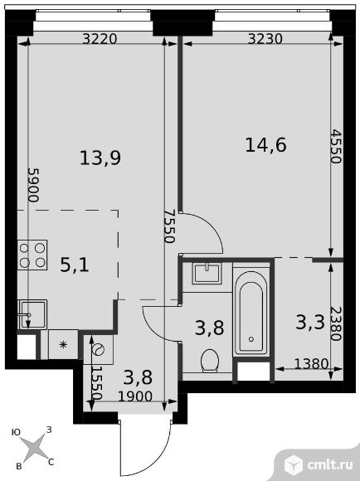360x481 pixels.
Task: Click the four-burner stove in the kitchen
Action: [32, 255]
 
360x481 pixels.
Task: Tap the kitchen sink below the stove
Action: [32, 314]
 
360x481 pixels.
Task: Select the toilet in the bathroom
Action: [210, 361]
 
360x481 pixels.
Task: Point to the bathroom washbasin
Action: [207, 274]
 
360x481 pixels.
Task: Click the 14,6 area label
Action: [265, 145]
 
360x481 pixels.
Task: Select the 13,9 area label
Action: [100, 158]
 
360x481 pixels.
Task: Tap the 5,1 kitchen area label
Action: [75, 265]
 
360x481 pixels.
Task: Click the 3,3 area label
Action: [310, 323]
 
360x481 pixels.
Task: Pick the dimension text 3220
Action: [100, 39]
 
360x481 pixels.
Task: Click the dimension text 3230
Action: [265, 39]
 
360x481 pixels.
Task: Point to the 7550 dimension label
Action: [169, 226]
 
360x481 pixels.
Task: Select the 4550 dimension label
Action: [337, 147]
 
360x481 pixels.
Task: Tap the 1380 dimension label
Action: [311, 364]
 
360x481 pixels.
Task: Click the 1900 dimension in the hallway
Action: [135, 397]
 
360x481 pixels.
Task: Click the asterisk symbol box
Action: [63, 344]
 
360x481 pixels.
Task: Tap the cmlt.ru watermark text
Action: [329, 465]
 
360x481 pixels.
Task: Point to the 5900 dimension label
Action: [34, 185]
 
